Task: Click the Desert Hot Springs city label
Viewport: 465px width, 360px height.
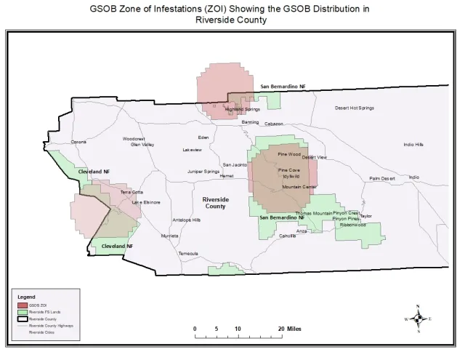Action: click(354, 108)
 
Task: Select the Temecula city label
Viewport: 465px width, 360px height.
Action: click(188, 253)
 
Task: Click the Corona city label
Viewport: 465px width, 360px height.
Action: click(78, 142)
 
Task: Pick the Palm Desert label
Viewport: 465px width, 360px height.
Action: click(381, 178)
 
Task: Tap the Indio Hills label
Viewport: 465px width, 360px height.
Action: click(413, 144)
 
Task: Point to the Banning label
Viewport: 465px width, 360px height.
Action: click(250, 122)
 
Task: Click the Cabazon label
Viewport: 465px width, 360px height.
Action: click(273, 124)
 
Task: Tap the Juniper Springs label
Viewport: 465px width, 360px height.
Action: click(203, 172)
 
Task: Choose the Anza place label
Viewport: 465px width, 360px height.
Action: click(302, 231)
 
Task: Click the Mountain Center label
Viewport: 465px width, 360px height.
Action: click(299, 187)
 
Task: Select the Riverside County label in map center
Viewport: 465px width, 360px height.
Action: click(214, 202)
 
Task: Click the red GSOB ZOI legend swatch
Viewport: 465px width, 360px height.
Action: click(23, 305)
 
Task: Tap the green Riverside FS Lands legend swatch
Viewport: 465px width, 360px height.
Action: click(23, 312)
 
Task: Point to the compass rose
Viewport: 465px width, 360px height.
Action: click(418, 319)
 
